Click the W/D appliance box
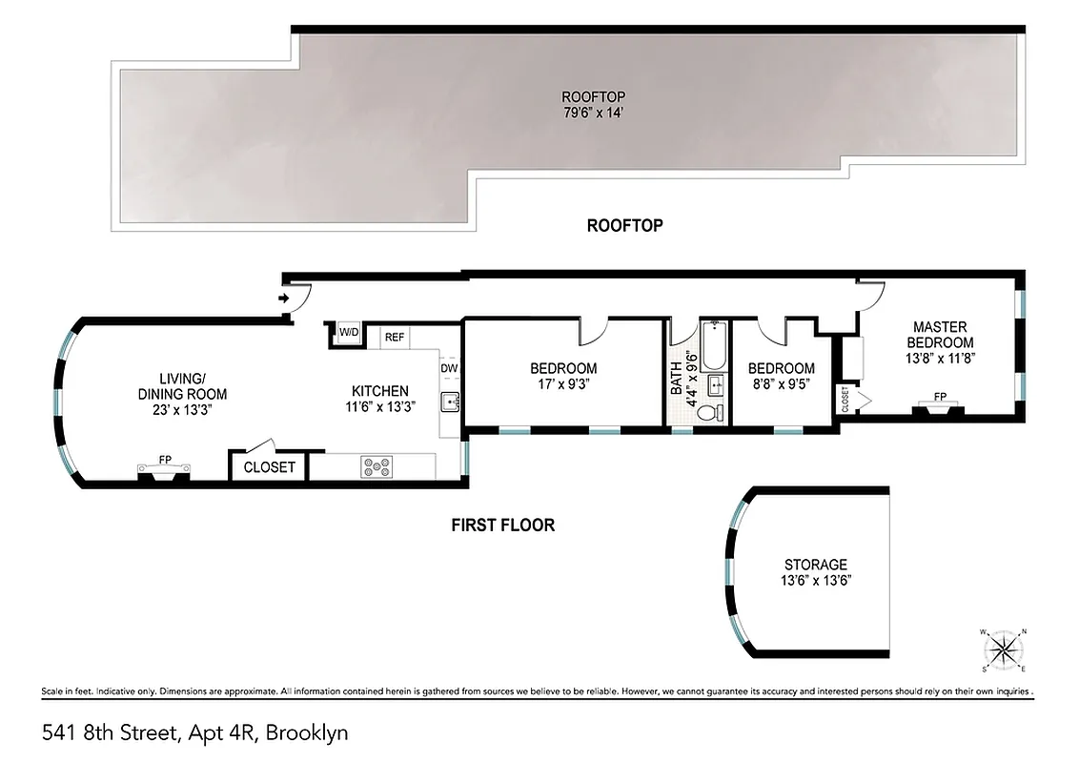click(349, 332)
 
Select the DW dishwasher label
click(449, 367)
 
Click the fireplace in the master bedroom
click(940, 407)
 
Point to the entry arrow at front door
click(284, 299)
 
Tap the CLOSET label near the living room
click(270, 467)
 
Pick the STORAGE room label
click(815, 565)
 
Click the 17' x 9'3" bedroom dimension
click(563, 386)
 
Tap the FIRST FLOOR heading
click(502, 526)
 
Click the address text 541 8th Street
click(110, 733)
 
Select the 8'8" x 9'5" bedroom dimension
click(781, 386)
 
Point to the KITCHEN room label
click(379, 391)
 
